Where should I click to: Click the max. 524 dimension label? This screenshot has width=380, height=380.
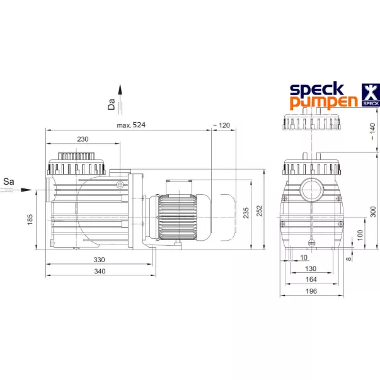131,125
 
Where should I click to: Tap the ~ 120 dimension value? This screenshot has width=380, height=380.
221,125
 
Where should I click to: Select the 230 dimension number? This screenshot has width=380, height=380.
83,139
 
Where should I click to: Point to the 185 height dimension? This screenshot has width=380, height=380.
30,219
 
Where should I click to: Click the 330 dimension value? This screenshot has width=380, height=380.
99,260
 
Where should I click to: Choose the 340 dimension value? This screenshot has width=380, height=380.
100,271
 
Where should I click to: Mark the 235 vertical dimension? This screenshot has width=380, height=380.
246,212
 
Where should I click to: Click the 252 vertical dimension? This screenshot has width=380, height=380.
259,210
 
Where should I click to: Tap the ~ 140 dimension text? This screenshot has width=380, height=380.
372,131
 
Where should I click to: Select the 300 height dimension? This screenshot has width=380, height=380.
373,212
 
